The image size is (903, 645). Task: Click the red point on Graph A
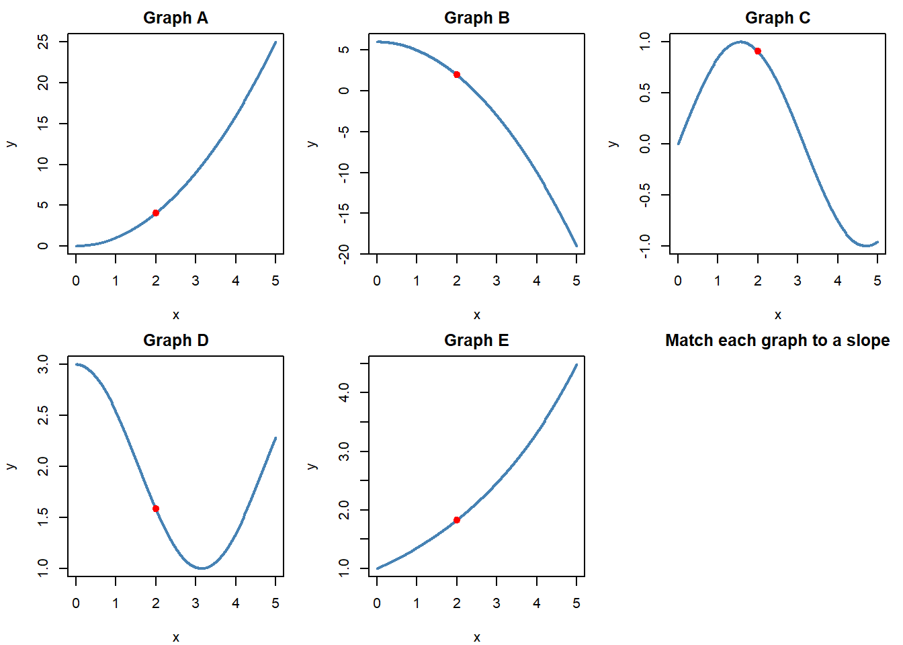point(156,213)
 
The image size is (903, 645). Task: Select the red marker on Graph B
point(457,75)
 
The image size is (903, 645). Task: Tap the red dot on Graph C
point(758,51)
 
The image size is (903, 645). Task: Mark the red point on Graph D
point(156,509)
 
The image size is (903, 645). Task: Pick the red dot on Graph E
point(457,520)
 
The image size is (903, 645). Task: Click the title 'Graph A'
point(175,18)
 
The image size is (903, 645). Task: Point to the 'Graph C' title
point(777,18)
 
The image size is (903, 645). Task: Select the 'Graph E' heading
point(476,341)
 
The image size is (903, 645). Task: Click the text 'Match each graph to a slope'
point(777,341)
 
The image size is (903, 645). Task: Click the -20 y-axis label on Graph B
point(344,254)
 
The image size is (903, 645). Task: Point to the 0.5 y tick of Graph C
point(645,93)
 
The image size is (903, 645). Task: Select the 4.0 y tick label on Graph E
point(344,392)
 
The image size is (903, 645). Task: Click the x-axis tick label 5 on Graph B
point(576,281)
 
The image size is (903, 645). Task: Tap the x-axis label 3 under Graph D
point(196,603)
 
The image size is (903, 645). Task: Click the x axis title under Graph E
point(476,638)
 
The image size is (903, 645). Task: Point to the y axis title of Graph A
point(11,144)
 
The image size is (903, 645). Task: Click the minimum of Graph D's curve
point(202,568)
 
